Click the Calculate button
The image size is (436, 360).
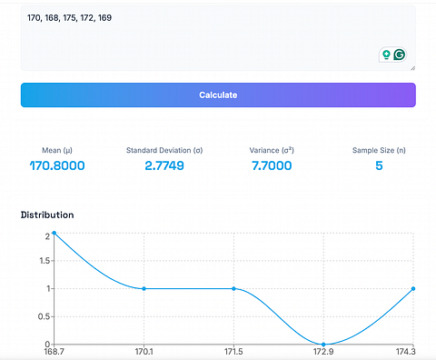pos(218,95)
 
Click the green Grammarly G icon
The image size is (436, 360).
pos(400,55)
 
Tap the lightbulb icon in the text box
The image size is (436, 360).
pos(386,55)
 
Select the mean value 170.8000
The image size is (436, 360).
pos(57,165)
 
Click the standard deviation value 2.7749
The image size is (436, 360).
pos(164,165)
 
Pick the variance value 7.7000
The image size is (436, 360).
pos(272,165)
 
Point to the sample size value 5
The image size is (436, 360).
pos(379,165)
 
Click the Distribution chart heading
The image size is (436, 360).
pos(47,215)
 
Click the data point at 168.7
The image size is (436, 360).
pos(54,233)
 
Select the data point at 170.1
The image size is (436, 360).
pos(144,288)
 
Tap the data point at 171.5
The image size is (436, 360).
pos(233,288)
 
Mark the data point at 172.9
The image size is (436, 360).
pos(323,345)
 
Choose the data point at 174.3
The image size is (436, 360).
pos(413,288)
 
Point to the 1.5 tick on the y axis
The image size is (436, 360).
pos(46,261)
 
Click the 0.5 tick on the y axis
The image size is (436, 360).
pos(45,316)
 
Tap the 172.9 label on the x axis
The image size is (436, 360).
pos(323,352)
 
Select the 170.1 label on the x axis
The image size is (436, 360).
pos(144,352)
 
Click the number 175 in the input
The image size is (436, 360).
pos(70,18)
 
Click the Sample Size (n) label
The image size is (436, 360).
pos(379,150)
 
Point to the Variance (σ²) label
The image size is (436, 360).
pos(272,150)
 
